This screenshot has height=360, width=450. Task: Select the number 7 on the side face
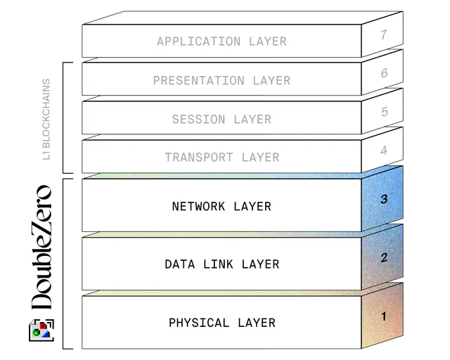pos(384,34)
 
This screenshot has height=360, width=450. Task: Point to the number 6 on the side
pos(384,73)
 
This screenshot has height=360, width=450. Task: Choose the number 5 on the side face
pos(384,112)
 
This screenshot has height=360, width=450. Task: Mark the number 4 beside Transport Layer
pos(384,150)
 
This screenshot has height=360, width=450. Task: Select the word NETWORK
pos(199,207)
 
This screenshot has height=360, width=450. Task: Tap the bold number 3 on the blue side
pos(384,199)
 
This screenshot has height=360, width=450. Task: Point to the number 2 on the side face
pos(384,257)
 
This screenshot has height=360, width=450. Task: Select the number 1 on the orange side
pos(384,316)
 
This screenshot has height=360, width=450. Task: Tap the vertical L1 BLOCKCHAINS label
pos(47,119)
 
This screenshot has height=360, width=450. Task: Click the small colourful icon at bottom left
pos(40,328)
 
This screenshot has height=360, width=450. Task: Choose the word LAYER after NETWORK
pos(252,207)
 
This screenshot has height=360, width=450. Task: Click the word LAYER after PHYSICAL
pos(257,323)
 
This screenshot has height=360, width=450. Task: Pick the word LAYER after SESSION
pos(252,120)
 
